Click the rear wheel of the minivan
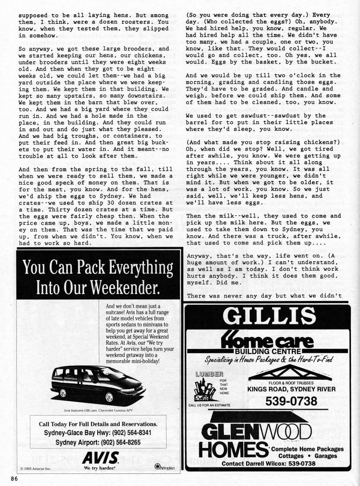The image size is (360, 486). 64,393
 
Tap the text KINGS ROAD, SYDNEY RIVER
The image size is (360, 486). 291,390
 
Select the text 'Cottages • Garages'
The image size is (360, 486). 307,456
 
